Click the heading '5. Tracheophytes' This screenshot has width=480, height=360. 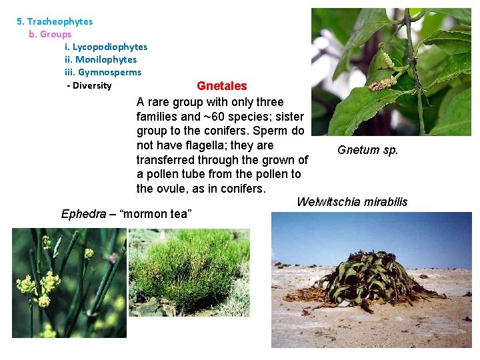point(55,21)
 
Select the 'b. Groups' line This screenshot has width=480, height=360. point(50,34)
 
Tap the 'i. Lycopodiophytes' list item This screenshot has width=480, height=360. point(106,47)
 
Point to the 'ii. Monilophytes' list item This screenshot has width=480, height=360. point(101,59)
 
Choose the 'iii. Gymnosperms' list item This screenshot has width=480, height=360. point(103,72)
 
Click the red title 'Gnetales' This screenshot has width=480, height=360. point(221,86)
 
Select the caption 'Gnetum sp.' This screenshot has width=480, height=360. point(367,150)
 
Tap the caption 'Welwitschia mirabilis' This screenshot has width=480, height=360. point(352,202)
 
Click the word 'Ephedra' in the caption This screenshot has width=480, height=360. point(83,214)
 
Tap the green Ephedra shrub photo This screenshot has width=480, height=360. point(189,273)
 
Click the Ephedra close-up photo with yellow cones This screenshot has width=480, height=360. point(69,283)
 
